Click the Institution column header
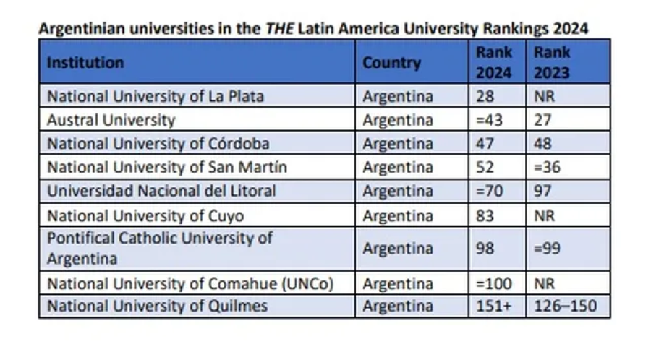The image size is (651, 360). click(85, 62)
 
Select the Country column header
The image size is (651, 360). click(391, 62)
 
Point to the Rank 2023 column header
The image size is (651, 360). click(552, 62)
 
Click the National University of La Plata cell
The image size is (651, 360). click(155, 96)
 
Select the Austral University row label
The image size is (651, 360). click(111, 120)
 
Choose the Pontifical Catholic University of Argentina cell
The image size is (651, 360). click(159, 248)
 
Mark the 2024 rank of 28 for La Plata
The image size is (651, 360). click(485, 96)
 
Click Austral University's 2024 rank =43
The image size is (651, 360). click(490, 120)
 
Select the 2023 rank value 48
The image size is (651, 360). click(542, 144)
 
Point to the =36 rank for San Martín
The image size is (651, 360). click(548, 168)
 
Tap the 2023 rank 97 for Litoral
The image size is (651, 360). click(542, 192)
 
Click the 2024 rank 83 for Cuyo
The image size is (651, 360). click(485, 215)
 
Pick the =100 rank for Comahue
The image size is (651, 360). click(494, 283)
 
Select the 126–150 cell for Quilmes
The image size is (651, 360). click(566, 306)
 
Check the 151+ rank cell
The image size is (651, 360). click(494, 306)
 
